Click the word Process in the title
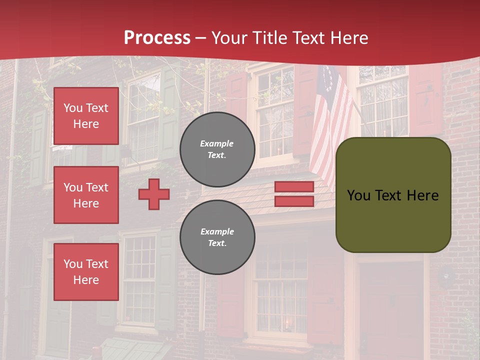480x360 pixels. pyautogui.click(x=157, y=38)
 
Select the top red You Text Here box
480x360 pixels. pyautogui.click(x=86, y=116)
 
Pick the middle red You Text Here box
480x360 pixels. pyautogui.click(x=86, y=195)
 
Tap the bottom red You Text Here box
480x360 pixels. pyautogui.click(x=86, y=272)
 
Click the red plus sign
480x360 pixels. pyautogui.click(x=154, y=194)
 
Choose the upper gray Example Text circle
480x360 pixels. pyautogui.click(x=217, y=149)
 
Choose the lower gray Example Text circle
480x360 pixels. pyautogui.click(x=217, y=237)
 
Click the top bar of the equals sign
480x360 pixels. pyautogui.click(x=294, y=187)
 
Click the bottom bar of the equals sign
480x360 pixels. pyautogui.click(x=294, y=201)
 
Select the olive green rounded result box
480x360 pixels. pyautogui.click(x=393, y=195)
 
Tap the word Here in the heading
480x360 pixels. pyautogui.click(x=349, y=38)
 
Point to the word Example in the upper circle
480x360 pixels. pyautogui.click(x=216, y=143)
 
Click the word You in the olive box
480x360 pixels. pyautogui.click(x=358, y=195)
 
